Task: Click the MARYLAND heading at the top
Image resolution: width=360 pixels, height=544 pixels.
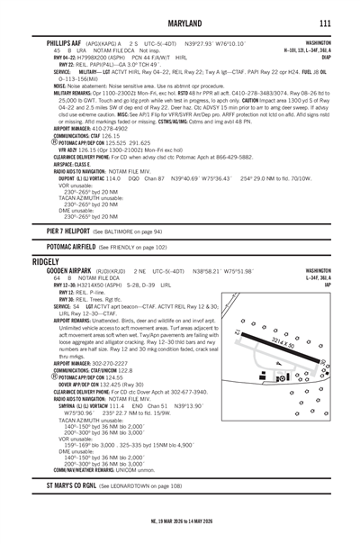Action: (x=179, y=22)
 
